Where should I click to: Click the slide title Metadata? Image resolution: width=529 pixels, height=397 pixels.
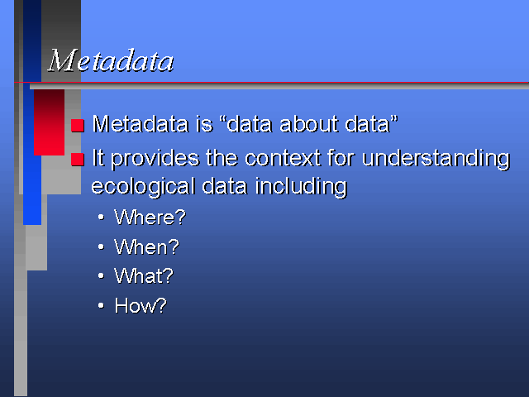111,60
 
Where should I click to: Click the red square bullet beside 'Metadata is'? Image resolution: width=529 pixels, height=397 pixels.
77,126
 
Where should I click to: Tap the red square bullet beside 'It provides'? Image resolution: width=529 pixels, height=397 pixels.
77,160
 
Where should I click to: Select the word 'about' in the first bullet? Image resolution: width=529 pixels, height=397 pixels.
308,124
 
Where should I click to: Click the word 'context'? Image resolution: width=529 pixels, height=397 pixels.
283,158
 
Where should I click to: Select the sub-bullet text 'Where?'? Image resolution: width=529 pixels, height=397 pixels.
150,217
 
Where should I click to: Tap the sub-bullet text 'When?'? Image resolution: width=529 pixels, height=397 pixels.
146,246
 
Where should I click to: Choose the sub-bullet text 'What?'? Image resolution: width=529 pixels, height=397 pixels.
143,276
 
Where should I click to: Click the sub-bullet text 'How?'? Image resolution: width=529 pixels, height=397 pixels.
141,306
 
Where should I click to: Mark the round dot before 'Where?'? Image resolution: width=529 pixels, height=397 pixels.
101,218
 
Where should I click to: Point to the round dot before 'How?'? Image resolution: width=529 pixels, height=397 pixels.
101,306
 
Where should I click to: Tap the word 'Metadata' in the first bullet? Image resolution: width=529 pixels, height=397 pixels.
141,124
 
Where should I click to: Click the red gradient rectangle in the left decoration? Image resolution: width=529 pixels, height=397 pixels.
50,122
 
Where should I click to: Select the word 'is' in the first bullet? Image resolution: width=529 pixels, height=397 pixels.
204,124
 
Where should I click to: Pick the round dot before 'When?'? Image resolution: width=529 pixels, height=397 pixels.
101,247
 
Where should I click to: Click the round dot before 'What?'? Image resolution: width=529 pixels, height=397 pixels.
101,276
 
